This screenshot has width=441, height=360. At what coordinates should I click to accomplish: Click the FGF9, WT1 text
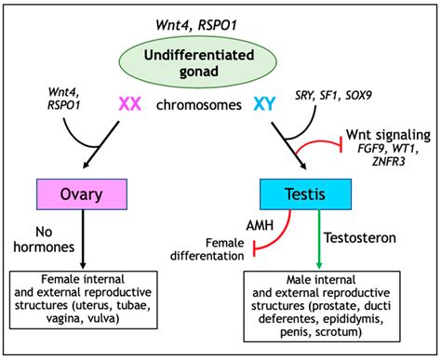click(384, 151)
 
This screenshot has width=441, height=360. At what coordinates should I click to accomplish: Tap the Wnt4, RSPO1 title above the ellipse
click(220, 20)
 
